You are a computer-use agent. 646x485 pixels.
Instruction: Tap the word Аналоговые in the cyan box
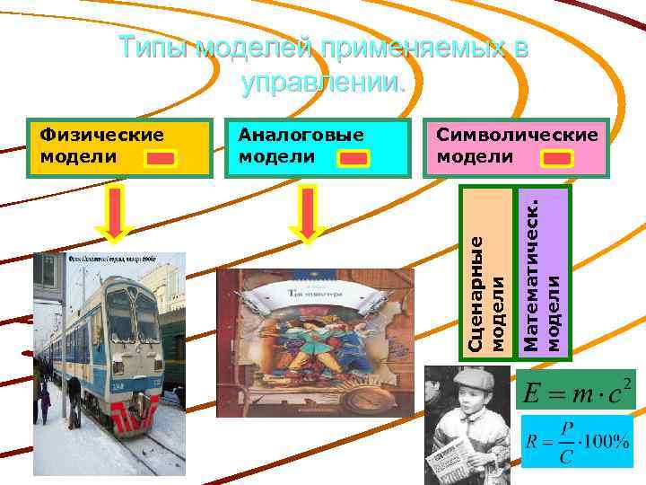(x=301, y=135)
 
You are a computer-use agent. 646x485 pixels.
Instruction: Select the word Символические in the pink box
(x=517, y=135)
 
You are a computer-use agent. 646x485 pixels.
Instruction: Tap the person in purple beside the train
(x=45, y=401)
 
